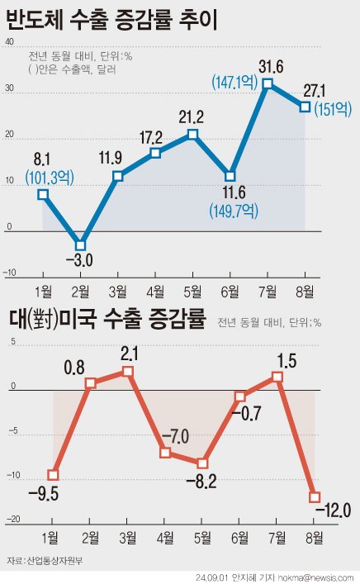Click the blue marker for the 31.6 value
268,83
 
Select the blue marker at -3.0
80,245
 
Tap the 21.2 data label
192,115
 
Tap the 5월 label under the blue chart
192,290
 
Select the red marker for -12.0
315,497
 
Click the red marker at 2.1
127,372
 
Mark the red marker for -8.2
202,463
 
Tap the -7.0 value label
177,434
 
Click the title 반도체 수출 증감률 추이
111,19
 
